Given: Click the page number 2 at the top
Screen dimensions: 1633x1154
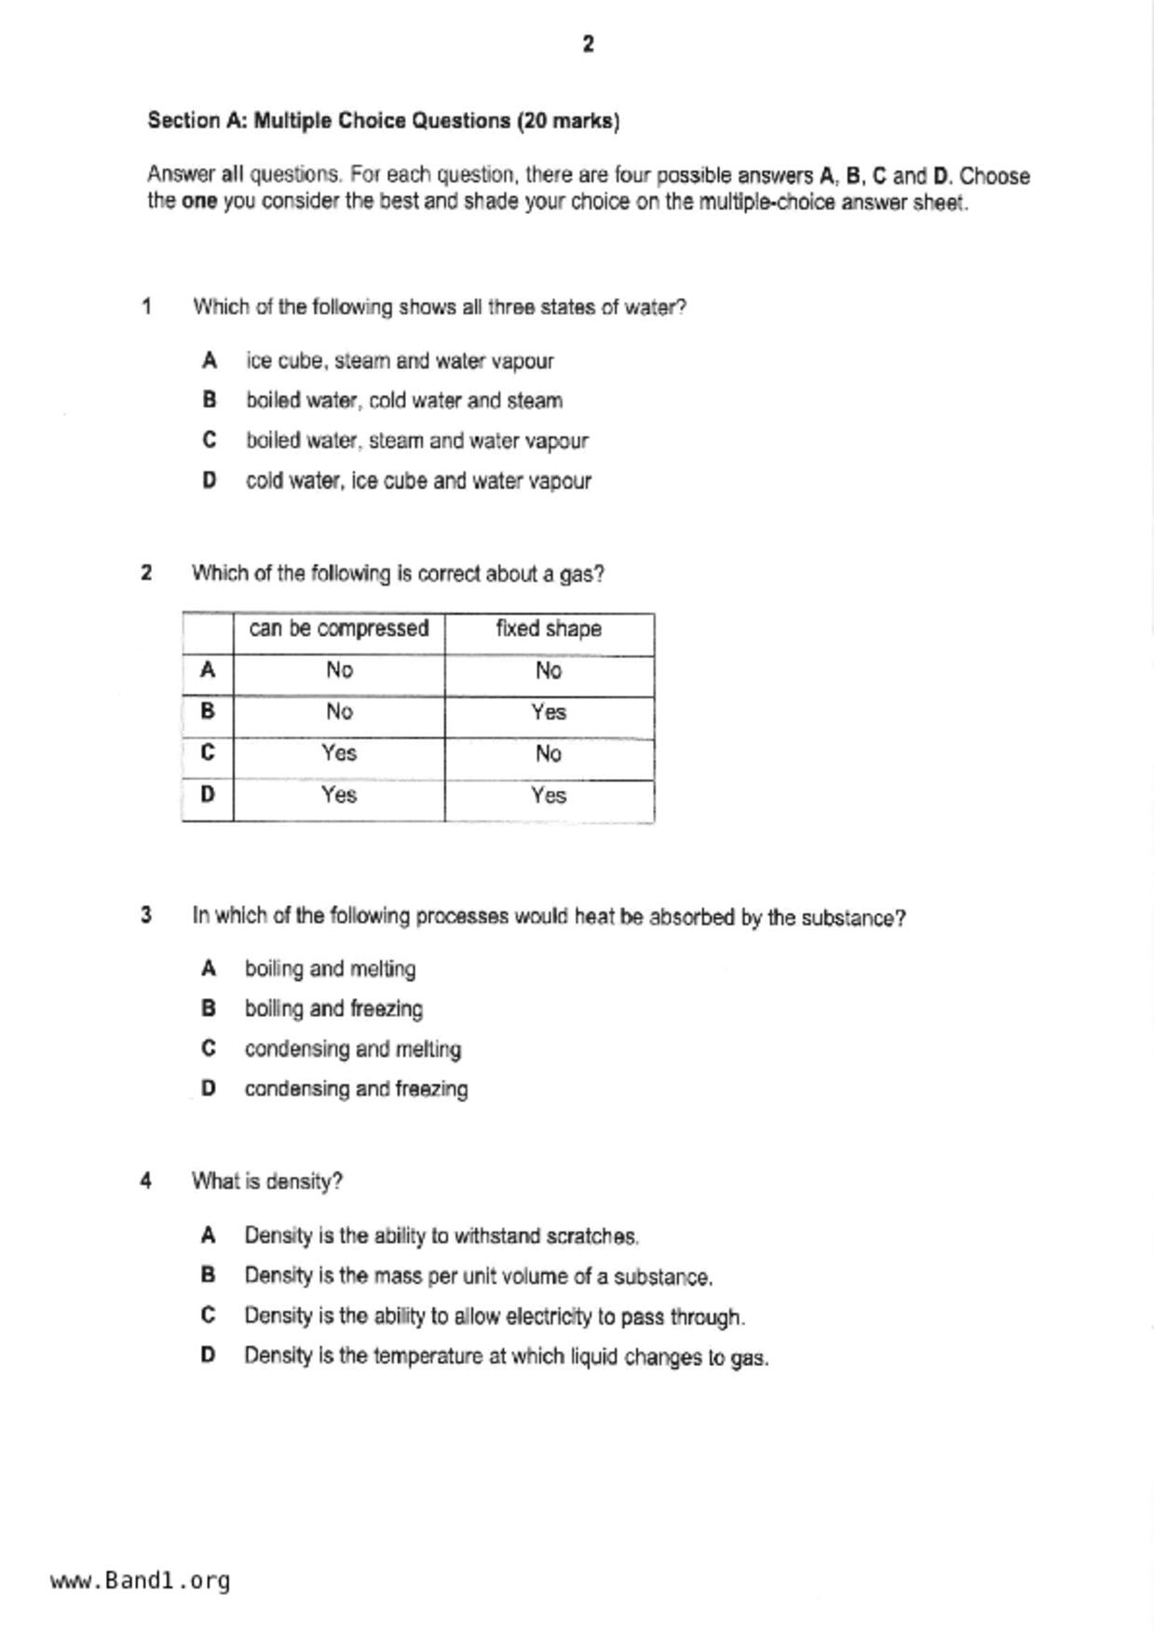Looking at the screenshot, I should tap(588, 44).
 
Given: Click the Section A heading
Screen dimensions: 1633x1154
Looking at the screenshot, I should tap(383, 121).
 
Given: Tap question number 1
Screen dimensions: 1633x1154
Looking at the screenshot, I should tap(147, 306).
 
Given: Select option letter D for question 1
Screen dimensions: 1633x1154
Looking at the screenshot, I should tap(210, 480).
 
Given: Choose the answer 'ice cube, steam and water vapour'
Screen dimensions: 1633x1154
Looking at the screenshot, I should tap(400, 361).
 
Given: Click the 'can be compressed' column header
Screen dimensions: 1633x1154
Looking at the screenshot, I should tap(338, 629).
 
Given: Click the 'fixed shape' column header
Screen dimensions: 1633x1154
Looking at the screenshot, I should tap(549, 629).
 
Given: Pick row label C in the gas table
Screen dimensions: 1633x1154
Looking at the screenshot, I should tap(208, 752).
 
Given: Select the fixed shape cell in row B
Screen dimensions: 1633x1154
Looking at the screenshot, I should tap(549, 712).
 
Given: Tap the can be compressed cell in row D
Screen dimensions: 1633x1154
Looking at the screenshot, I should tap(339, 795).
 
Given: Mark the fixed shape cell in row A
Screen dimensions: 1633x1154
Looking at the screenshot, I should tap(549, 670).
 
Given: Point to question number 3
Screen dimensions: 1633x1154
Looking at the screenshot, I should tap(146, 916).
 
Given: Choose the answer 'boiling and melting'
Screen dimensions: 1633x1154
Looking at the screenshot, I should tap(330, 969).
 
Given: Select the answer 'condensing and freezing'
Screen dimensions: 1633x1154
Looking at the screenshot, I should tap(356, 1089).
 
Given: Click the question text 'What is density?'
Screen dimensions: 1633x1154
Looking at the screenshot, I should tap(267, 1181).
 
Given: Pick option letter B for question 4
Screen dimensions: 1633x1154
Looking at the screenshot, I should tap(209, 1275).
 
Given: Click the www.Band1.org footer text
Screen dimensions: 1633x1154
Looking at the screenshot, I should tap(140, 1580).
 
